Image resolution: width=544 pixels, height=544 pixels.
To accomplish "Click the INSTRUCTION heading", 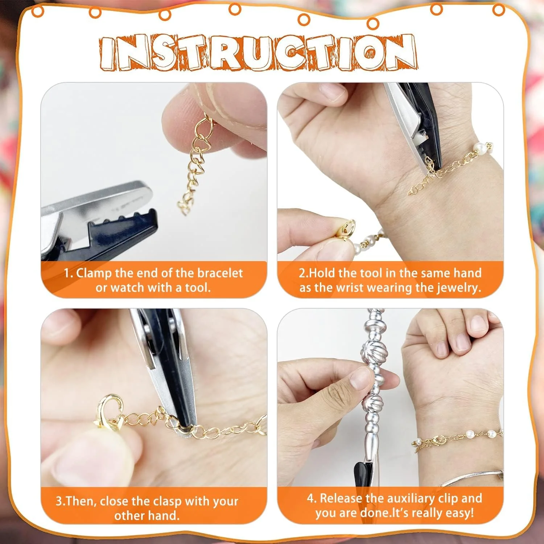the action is click(258, 52).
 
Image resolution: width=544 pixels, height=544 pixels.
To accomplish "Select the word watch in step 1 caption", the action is click(127, 288).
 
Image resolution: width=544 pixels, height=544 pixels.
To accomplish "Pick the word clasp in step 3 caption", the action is click(167, 502).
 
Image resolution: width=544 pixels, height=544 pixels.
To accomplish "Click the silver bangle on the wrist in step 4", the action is click(471, 478).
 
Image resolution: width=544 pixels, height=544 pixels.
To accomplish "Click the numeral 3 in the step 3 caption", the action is click(59, 502).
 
